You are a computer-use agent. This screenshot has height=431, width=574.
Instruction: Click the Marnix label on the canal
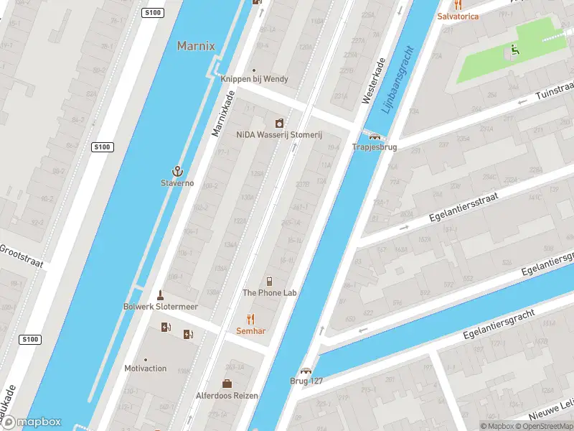[196, 46]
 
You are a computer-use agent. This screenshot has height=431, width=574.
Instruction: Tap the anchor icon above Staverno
[177, 171]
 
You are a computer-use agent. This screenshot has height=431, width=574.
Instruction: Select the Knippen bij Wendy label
[254, 79]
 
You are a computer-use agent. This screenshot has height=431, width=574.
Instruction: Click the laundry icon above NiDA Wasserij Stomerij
[279, 124]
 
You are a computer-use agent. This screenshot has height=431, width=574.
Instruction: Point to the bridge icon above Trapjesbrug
[374, 136]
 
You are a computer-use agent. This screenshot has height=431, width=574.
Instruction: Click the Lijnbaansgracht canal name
[398, 80]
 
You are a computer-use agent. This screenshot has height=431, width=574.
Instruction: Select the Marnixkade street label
[223, 113]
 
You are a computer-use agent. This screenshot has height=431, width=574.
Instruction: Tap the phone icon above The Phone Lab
[269, 281]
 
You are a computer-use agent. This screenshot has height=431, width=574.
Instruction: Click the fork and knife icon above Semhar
[250, 319]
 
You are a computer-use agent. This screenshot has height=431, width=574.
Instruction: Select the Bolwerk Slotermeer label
[161, 306]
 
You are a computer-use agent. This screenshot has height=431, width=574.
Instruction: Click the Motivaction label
[146, 369]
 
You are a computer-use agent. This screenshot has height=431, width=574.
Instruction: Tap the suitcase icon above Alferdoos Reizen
[227, 384]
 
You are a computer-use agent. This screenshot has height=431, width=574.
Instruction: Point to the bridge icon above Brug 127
[306, 371]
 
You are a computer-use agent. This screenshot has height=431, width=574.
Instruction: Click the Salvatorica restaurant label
[458, 16]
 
